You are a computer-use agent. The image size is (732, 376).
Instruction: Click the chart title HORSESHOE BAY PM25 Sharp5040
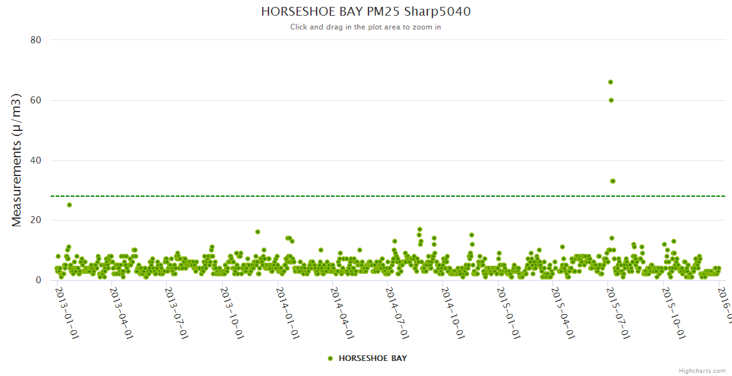pyautogui.click(x=365, y=11)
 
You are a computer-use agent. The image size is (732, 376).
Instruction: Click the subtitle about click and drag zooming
pyautogui.click(x=365, y=27)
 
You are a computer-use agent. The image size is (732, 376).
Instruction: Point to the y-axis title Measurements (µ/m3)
pyautogui.click(x=17, y=160)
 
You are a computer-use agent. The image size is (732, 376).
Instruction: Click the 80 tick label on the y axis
pyautogui.click(x=35, y=40)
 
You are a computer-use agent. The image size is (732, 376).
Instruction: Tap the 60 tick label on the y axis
pyautogui.click(x=35, y=100)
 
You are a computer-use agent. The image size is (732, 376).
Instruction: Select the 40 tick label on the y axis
pyautogui.click(x=35, y=160)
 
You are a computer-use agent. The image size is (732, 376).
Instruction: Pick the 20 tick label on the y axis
pyautogui.click(x=35, y=221)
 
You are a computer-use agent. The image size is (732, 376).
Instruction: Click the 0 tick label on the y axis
pyautogui.click(x=38, y=281)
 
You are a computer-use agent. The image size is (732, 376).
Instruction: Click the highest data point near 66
pyautogui.click(x=611, y=82)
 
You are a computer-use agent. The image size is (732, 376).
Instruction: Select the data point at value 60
pyautogui.click(x=611, y=100)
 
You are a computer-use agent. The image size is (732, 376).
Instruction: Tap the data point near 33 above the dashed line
pyautogui.click(x=613, y=181)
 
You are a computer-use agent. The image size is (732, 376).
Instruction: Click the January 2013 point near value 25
pyautogui.click(x=69, y=205)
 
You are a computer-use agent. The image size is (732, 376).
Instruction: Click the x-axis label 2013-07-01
pyautogui.click(x=176, y=313)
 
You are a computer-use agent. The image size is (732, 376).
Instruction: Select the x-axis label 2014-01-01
pyautogui.click(x=287, y=313)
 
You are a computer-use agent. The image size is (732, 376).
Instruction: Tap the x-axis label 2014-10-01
pyautogui.click(x=452, y=313)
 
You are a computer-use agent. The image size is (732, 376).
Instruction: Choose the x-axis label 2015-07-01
pyautogui.click(x=618, y=313)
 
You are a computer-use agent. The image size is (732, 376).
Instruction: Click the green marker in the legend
pyautogui.click(x=330, y=358)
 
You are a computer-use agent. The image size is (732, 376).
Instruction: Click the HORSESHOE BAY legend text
pyautogui.click(x=372, y=358)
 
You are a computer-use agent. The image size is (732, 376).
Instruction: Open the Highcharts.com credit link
pyautogui.click(x=702, y=370)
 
